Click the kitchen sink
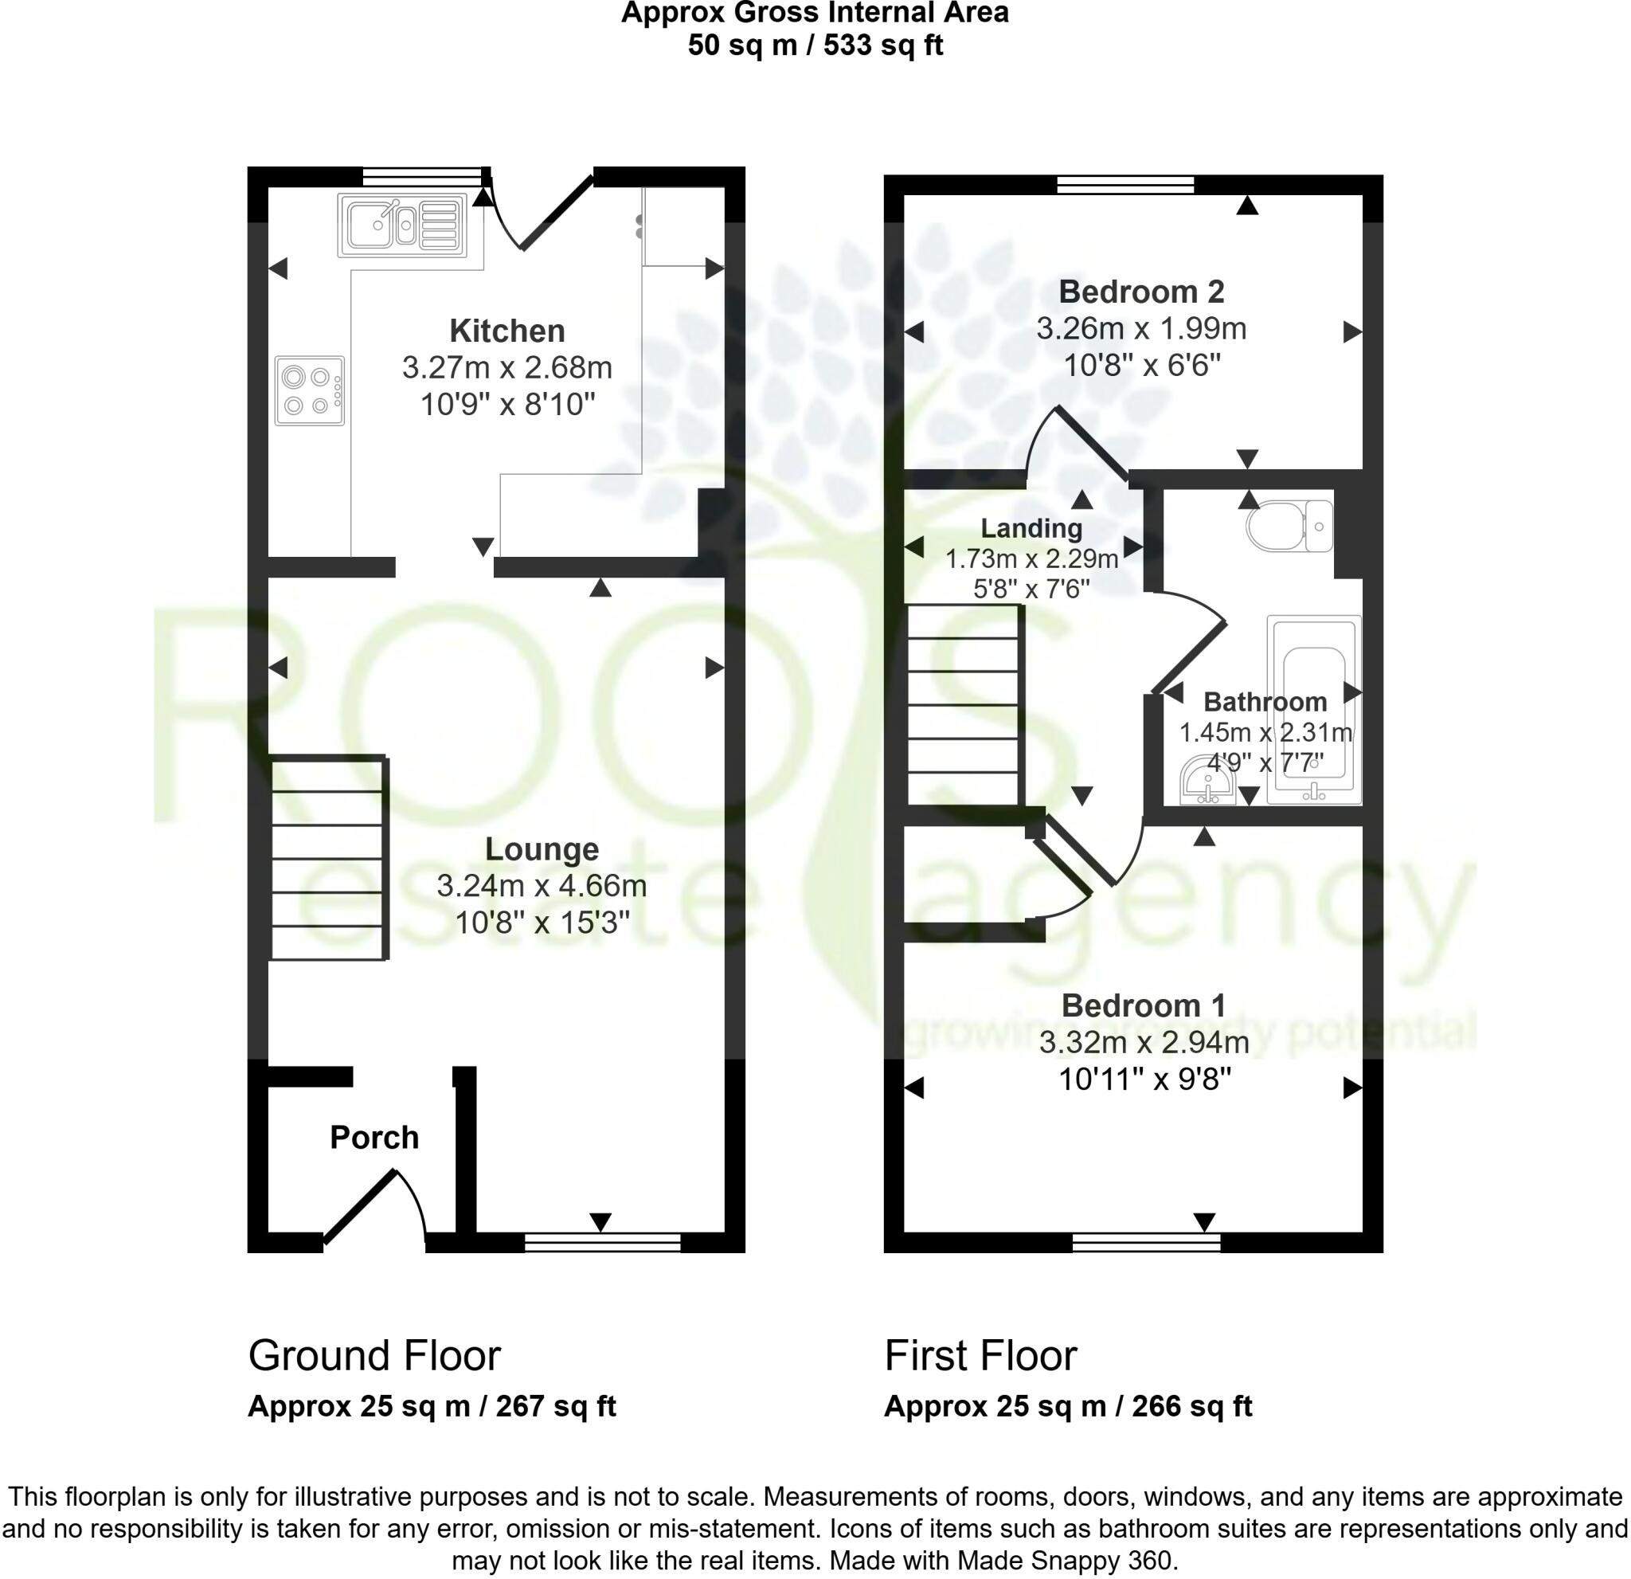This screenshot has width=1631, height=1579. click(x=402, y=225)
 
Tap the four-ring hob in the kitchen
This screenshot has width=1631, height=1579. click(x=310, y=390)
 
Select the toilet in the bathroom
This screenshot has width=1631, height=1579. click(x=1289, y=526)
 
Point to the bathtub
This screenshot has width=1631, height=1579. click(x=1314, y=710)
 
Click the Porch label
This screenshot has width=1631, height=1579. click(x=374, y=1138)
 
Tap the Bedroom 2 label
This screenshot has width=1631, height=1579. click(x=1141, y=292)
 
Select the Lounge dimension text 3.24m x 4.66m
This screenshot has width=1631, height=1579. click(x=542, y=886)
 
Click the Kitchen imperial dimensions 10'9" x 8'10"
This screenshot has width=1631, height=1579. click(x=507, y=405)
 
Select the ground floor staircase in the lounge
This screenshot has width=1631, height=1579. click(x=329, y=858)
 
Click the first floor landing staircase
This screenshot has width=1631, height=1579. click(x=963, y=705)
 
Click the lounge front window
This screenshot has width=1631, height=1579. click(x=603, y=1244)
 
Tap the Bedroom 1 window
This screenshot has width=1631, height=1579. click(x=1146, y=1244)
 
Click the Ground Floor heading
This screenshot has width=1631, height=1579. click(x=374, y=1356)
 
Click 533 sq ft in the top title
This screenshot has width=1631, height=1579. click(x=884, y=44)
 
